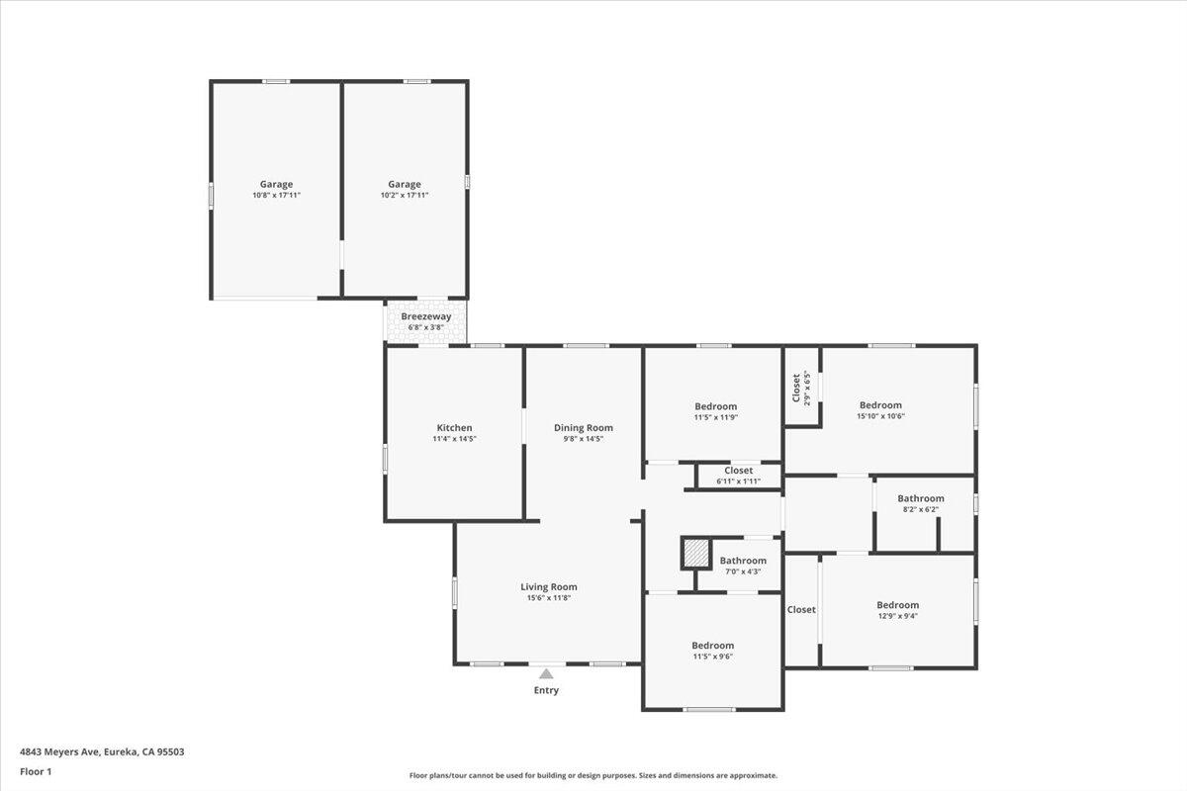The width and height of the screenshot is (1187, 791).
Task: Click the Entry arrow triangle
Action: coord(546,674)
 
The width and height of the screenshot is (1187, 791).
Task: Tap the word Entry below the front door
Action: coord(546,690)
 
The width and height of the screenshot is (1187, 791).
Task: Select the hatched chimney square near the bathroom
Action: coord(695,554)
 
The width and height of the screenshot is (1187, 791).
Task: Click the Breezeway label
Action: coord(426,316)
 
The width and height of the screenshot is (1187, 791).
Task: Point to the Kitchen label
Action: coord(454,427)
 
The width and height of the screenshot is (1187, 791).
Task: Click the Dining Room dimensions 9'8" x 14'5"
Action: coord(584,439)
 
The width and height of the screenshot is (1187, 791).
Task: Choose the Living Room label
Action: coord(548,586)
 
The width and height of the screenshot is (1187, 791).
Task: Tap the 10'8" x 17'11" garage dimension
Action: coord(277,195)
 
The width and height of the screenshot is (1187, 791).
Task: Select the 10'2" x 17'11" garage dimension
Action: coord(405,195)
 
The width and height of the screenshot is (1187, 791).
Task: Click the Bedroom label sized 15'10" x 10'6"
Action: coord(880,405)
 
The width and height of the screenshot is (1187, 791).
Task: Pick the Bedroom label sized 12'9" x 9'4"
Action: coord(898,605)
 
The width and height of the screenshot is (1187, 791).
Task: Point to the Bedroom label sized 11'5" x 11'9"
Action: coord(716,406)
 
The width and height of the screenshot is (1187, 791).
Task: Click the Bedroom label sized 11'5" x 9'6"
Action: coord(713,646)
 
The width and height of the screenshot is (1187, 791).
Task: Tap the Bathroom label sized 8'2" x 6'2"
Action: coord(921,498)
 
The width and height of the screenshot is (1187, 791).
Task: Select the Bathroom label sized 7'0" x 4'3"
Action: coord(743,561)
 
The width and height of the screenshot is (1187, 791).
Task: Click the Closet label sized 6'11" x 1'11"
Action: coord(739,471)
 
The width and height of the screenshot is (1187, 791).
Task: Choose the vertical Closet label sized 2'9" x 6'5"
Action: coord(796,388)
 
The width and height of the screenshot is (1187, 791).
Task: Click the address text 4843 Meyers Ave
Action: coord(60,751)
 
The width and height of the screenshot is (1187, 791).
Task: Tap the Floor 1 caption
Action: coord(36,771)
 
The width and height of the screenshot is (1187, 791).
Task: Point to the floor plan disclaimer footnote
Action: coord(593,775)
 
